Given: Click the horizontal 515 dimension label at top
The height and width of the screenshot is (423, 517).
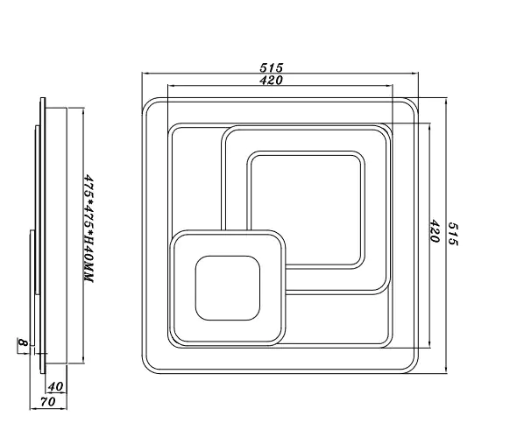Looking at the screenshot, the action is tap(271, 67).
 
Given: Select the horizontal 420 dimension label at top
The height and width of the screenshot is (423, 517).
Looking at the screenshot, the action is tap(271, 80).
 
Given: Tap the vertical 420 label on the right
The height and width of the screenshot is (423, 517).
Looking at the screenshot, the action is tap(435, 231).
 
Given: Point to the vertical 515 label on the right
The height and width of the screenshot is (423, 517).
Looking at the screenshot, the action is tap(453, 234).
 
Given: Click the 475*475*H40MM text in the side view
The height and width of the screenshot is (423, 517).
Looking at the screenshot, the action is tap(89, 229).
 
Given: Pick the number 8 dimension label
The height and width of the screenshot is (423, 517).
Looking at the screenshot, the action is tap(23, 342).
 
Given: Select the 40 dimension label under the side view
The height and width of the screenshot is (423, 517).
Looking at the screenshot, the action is tap(55, 386).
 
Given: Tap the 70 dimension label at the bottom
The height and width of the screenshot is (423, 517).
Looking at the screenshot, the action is tap(48, 402).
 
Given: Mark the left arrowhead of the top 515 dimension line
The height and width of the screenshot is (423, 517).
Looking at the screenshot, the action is tap(145, 74).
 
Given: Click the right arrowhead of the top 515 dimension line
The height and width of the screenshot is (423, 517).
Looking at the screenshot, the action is tap(415, 74).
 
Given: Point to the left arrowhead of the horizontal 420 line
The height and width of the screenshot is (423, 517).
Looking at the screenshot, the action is tap(171, 86).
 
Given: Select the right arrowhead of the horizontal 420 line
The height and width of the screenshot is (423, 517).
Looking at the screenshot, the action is tap(389, 86).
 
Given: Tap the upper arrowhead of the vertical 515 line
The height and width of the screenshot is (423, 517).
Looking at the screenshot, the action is tap(446, 102).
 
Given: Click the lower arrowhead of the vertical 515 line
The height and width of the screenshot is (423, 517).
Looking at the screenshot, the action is tap(446, 370).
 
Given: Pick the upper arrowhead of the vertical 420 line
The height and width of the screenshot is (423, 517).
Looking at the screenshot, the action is tap(429, 127).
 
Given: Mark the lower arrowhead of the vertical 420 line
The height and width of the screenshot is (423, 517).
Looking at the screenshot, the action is tap(429, 344).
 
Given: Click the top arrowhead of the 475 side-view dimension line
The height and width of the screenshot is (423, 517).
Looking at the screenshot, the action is tap(83, 111).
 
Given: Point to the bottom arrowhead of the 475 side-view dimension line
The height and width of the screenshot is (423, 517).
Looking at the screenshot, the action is tap(83, 361).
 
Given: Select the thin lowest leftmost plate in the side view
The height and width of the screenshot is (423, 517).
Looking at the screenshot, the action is tap(32, 288).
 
